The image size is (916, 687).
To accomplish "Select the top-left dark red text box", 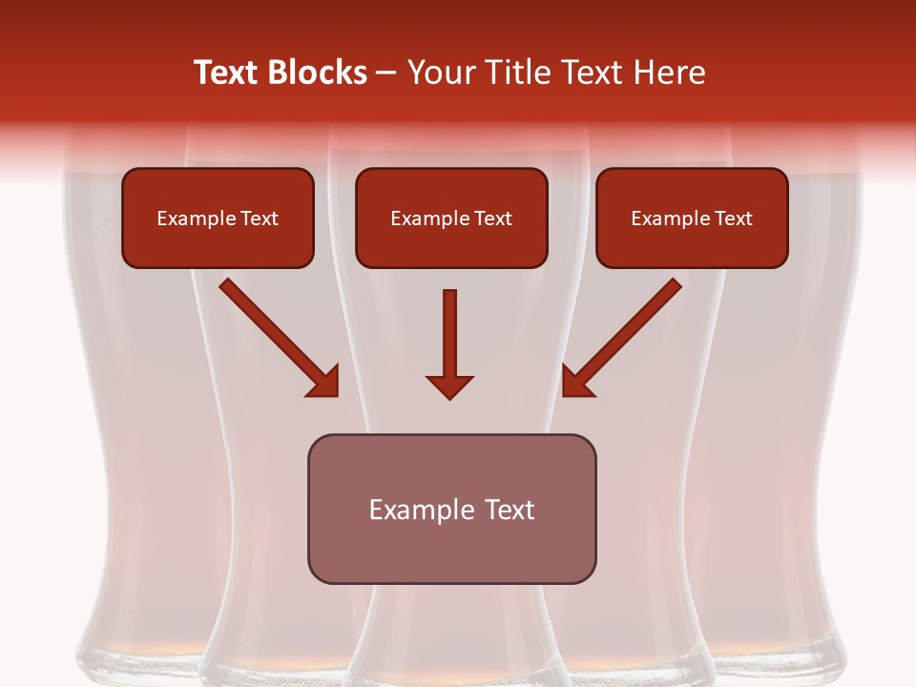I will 218,218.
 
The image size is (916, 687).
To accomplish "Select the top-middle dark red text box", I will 451,218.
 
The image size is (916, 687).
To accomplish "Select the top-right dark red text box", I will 692,218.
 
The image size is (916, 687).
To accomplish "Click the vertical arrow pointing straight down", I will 450,334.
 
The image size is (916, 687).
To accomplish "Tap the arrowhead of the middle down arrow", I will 450,386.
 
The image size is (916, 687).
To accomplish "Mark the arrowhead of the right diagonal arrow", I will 578,381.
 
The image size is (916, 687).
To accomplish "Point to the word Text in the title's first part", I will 225,73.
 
